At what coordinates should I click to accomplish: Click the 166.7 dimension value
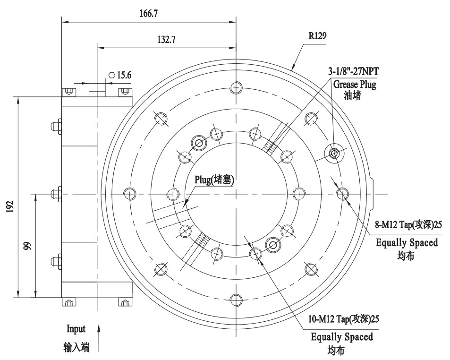click(x=148, y=14)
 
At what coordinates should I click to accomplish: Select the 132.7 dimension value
click(x=166, y=40)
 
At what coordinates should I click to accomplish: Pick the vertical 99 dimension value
click(x=27, y=246)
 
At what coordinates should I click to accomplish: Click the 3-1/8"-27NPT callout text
click(x=354, y=72)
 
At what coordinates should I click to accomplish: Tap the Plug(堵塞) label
click(x=214, y=180)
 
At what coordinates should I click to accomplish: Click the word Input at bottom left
click(x=76, y=329)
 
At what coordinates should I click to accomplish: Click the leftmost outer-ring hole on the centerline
click(x=130, y=193)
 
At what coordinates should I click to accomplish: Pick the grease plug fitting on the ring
click(x=334, y=153)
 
